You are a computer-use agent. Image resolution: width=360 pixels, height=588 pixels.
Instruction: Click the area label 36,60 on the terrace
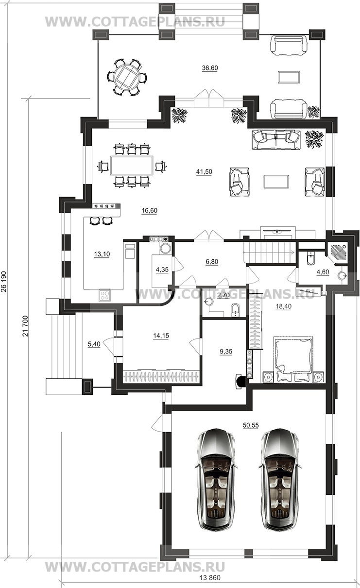pos(210,68)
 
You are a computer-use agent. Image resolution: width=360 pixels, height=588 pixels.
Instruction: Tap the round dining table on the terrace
pos(127,77)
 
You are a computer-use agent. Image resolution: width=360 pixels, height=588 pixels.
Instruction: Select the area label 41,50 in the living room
pos(204,172)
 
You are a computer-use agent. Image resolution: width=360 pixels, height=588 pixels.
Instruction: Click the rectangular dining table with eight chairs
pos(132,166)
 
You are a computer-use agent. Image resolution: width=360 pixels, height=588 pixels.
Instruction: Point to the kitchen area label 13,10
pos(102,254)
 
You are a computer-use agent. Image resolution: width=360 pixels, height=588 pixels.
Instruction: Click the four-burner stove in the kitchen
pos(105,295)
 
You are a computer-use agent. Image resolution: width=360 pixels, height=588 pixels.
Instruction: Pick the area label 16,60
pos(149,211)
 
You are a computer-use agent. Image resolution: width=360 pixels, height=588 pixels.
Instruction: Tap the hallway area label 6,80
pos(212,262)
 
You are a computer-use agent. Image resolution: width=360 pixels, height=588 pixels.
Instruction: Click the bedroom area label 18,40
pos(284,306)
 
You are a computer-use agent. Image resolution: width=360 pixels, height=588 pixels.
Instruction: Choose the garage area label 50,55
pos(251,425)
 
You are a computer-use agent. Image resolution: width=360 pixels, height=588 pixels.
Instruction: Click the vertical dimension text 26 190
pos(4,282)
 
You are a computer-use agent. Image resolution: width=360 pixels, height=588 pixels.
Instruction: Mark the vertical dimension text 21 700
pos(25,326)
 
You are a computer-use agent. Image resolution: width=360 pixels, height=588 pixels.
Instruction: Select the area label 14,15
pos(161,336)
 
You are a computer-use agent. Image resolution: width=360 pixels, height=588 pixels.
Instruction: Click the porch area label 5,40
pos(94,344)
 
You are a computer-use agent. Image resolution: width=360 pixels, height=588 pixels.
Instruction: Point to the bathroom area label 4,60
pos(323,272)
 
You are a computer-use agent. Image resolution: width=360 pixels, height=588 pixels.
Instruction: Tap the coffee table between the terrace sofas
pos(289,77)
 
